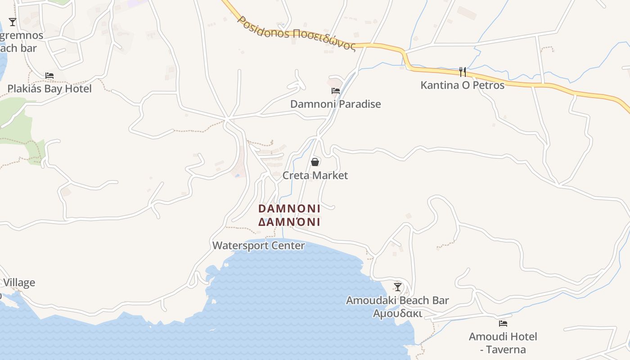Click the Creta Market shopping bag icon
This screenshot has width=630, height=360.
tap(315, 162)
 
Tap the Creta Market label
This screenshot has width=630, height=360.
tap(315, 175)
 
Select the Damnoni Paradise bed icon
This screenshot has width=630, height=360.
tap(336, 91)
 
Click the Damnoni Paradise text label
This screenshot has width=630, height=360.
tap(335, 104)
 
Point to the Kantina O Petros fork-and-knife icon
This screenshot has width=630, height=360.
tap(462, 72)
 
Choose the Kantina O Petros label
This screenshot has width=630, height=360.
tap(462, 85)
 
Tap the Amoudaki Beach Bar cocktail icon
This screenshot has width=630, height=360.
tap(397, 287)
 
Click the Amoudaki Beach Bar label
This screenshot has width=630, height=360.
tap(397, 300)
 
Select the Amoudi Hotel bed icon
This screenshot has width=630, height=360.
tap(503, 323)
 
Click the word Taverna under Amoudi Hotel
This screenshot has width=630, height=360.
tap(508, 350)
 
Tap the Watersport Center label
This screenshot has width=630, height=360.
tap(258, 246)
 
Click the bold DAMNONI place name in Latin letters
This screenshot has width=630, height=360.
tap(289, 209)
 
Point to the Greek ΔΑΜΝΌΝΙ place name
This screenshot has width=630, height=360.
tap(289, 222)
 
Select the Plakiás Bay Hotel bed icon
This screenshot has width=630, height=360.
tap(49, 76)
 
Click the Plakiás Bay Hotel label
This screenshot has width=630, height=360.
tap(49, 89)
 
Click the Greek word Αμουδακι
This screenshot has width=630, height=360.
tap(397, 313)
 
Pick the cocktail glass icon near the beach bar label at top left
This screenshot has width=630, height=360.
tap(13, 22)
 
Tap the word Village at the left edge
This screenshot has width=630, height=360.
tap(19, 283)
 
